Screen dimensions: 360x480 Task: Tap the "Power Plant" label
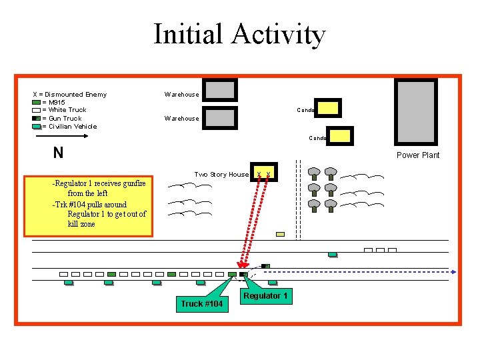[x=418, y=155]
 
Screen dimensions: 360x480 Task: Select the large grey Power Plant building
[x=416, y=113]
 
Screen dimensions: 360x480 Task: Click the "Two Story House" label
[x=221, y=175]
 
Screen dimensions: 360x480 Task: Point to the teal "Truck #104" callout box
[x=202, y=304]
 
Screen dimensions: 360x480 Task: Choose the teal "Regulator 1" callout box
[x=265, y=296]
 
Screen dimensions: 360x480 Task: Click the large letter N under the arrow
[x=59, y=153]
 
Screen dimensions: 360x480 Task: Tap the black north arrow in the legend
[x=61, y=136]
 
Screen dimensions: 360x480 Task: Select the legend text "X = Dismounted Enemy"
[x=70, y=94]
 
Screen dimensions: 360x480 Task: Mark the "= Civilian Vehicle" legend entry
[x=69, y=126]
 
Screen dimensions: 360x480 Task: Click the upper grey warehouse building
[x=219, y=90]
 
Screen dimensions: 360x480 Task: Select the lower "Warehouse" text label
[x=181, y=119]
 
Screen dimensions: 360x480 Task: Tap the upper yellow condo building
[x=329, y=107]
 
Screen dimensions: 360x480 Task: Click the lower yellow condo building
[x=339, y=136]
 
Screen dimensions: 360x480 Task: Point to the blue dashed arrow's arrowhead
[x=454, y=272]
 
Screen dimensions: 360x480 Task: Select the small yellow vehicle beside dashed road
[x=280, y=234]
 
